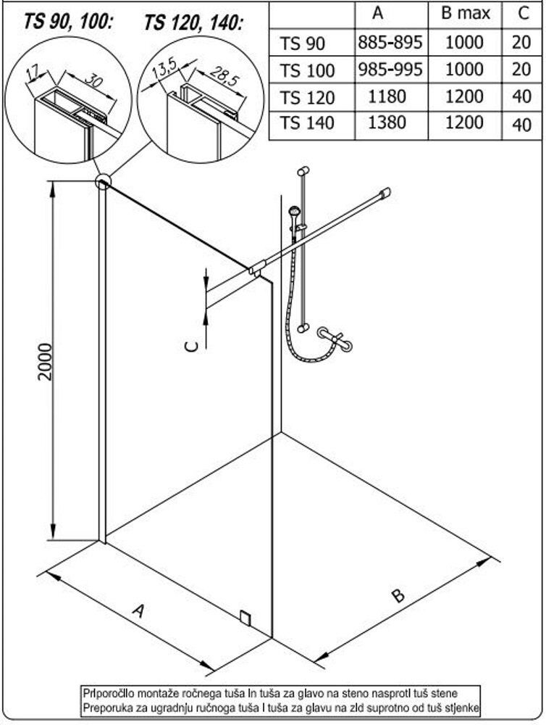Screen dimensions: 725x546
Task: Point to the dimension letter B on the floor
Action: (x=398, y=597)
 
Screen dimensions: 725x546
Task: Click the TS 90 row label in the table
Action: (x=303, y=44)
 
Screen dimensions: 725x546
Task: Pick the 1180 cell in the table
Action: (x=388, y=97)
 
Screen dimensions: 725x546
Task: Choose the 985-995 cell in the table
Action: (x=389, y=70)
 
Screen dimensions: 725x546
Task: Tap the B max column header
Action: (x=466, y=13)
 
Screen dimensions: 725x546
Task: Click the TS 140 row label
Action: (x=307, y=124)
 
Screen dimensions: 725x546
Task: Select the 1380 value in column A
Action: (x=388, y=124)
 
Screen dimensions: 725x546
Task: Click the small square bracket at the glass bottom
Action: (x=246, y=617)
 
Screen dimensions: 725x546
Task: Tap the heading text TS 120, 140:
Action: (x=193, y=22)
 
